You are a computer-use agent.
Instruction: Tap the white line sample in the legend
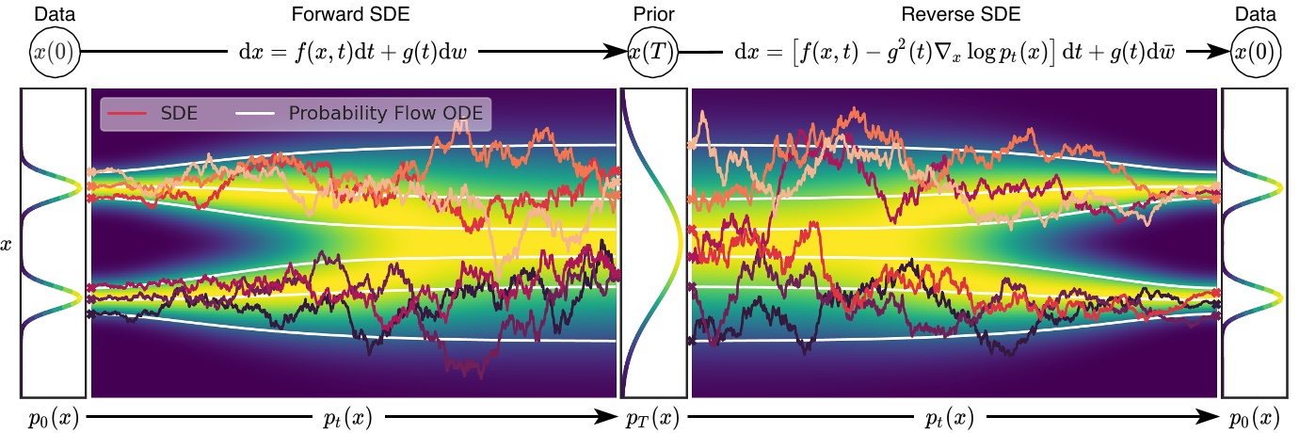coord(263,113)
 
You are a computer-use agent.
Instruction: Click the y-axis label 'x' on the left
coord(8,245)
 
